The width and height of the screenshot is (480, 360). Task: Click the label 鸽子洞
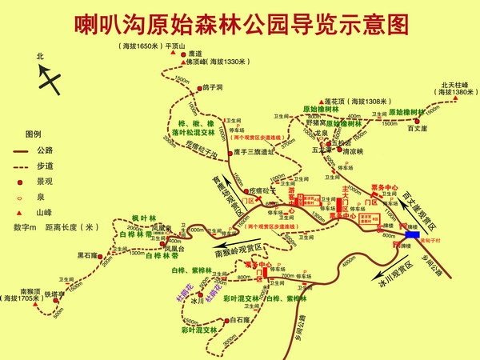[x=212, y=86]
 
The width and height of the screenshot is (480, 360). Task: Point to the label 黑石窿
[x=86, y=255]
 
